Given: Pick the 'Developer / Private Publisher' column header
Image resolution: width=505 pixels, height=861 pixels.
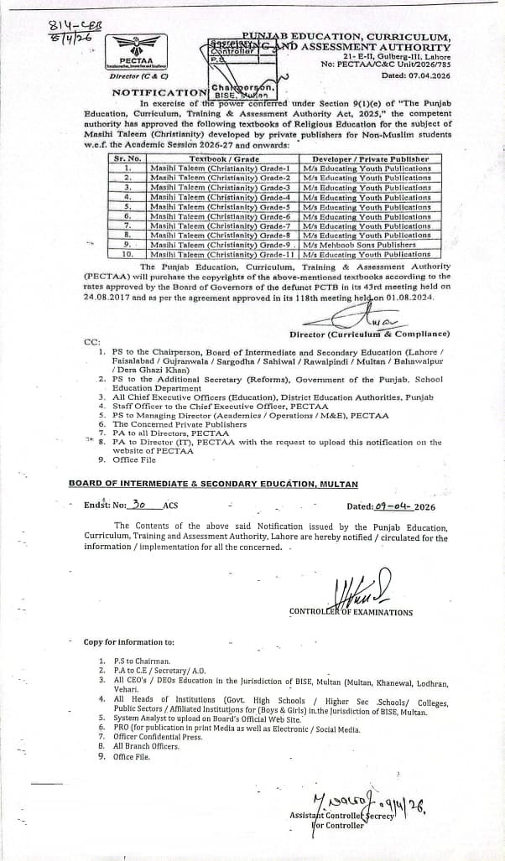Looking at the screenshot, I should pos(370,158).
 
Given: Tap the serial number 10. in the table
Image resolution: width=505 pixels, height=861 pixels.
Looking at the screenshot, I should pos(128,254).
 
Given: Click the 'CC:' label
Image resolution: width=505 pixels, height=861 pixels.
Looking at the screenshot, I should pos(91,342).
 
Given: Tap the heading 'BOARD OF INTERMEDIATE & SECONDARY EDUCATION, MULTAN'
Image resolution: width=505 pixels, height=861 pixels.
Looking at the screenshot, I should pos(213,484).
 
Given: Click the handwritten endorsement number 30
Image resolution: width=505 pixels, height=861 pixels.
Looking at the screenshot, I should pos(141,506).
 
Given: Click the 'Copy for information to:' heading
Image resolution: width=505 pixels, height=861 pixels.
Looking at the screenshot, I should pos(129,642).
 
